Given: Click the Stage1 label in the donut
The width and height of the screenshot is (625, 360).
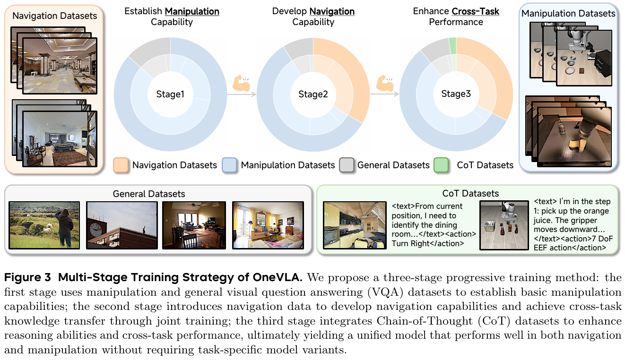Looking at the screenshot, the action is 170,94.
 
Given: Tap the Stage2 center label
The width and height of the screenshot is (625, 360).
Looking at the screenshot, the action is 313,94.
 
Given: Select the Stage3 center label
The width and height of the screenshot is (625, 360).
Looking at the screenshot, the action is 456,94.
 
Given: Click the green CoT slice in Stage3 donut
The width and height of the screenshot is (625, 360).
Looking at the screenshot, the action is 452,46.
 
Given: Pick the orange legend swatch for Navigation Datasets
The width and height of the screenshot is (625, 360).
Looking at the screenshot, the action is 121,165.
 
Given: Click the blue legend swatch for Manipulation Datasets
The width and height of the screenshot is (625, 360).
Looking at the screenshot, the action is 229,165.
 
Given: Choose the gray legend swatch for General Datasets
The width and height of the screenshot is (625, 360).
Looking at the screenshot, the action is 347,165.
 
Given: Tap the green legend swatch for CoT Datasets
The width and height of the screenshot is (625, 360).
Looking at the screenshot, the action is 441,165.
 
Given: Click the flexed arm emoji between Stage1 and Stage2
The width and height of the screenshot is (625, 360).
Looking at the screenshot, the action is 241,83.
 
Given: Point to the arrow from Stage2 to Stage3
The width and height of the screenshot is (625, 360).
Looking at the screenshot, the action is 384,94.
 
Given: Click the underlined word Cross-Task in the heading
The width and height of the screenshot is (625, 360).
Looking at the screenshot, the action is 476,11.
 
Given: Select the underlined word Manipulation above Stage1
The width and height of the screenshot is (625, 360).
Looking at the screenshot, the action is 192,12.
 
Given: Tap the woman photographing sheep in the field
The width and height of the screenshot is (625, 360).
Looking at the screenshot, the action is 65,228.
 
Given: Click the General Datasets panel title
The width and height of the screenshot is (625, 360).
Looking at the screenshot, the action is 149,194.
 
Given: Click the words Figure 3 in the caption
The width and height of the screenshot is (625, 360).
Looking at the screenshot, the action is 27,277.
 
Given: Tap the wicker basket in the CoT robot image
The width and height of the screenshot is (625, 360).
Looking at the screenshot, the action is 490,226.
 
